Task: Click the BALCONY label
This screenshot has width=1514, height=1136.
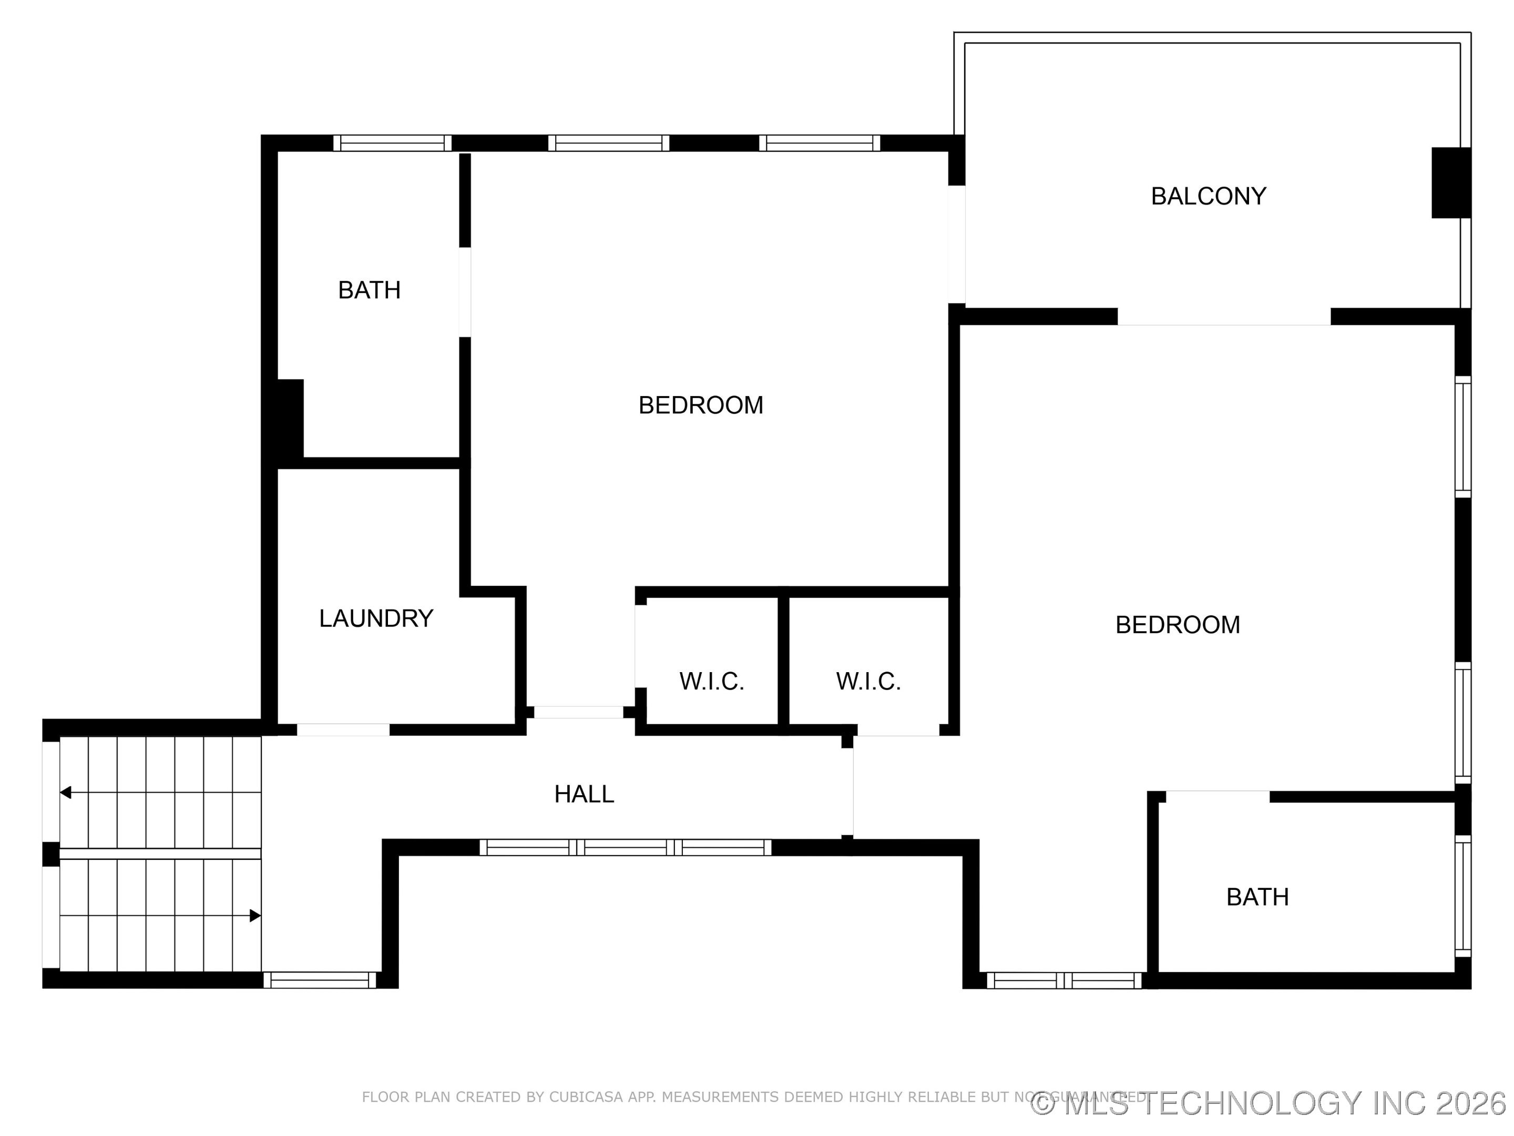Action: click(1208, 197)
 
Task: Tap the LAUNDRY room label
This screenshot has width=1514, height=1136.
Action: click(376, 618)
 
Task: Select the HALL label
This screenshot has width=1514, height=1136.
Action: click(584, 794)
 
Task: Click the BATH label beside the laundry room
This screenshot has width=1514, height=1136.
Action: click(369, 290)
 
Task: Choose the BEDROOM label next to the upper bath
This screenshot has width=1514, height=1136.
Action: click(700, 405)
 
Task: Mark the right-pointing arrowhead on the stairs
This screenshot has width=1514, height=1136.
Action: click(254, 916)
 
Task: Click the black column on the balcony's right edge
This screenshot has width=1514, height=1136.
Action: click(1450, 183)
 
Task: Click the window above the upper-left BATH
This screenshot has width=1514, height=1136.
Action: click(392, 143)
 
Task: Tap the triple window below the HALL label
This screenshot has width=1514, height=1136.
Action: click(625, 848)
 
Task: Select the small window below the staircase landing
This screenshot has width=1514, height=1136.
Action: click(320, 980)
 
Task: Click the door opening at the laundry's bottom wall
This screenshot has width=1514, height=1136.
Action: click(343, 730)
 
